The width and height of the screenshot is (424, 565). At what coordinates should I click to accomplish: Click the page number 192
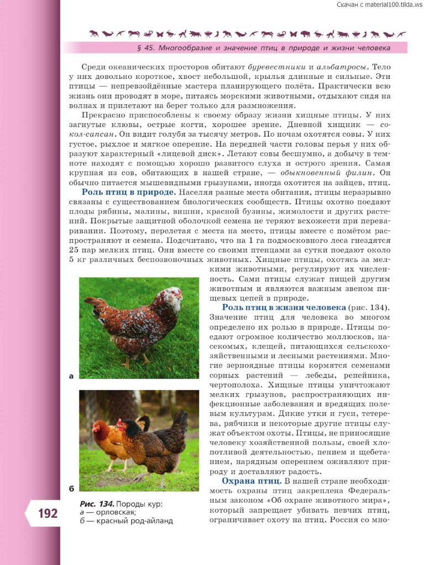(48, 513)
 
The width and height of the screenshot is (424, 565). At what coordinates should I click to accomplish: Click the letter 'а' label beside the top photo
(71, 376)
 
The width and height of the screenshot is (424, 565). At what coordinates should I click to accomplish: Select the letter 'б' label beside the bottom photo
(71, 488)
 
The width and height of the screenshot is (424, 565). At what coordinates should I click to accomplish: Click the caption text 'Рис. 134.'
(97, 503)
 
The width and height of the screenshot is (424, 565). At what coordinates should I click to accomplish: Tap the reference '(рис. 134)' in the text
(369, 307)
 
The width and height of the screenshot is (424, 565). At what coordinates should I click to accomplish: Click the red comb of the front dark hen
(121, 421)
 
